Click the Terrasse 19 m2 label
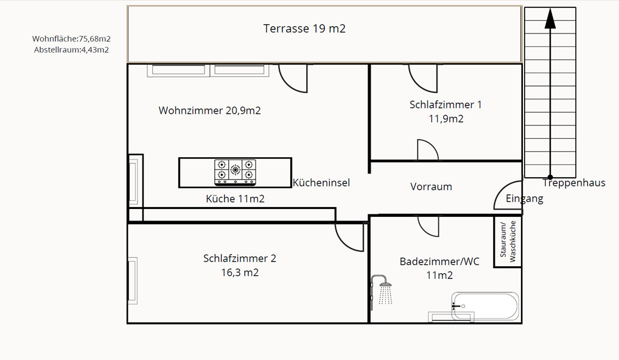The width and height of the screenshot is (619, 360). [304, 29]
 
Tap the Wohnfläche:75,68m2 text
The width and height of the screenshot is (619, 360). [71, 39]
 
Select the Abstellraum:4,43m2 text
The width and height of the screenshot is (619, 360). [71, 50]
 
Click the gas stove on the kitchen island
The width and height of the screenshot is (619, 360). [236, 172]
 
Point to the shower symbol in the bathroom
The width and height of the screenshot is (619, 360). [382, 291]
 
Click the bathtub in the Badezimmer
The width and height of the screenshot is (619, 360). [485, 306]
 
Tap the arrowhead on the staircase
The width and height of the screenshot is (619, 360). [550, 18]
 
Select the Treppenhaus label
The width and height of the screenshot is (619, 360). [574, 183]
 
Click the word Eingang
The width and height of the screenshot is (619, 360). [525, 199]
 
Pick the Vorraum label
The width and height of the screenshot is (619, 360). [431, 186]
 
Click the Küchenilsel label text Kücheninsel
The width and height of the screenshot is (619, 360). [321, 183]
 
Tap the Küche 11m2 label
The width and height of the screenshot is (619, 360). [236, 199]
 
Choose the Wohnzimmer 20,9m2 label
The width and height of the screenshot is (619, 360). [209, 110]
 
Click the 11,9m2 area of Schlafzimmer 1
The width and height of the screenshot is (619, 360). [446, 119]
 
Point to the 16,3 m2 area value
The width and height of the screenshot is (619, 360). [240, 272]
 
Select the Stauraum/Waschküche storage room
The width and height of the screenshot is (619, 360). [508, 241]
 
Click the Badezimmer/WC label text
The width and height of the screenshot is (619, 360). [439, 261]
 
